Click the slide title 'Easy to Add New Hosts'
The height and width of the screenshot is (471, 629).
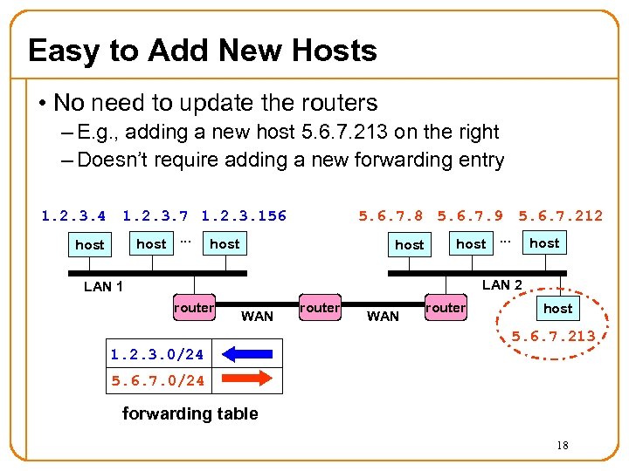203,51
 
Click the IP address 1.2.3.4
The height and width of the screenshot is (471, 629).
73,215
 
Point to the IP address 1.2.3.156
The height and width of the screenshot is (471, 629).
244,215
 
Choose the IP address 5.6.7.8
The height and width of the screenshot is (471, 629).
391,215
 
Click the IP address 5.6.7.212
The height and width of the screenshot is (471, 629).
560,215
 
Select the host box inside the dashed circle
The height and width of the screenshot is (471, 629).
557,308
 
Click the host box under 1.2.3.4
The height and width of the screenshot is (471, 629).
90,245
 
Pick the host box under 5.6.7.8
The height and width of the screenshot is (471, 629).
409,245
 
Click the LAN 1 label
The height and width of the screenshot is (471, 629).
103,287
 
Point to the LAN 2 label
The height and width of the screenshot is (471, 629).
502,284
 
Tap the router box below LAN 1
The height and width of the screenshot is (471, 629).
193,308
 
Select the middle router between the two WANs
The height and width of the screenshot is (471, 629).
319,308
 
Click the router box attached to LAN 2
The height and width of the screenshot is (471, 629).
446,308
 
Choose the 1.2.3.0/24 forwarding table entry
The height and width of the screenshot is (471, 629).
157,354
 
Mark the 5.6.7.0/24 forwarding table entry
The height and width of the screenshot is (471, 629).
157,380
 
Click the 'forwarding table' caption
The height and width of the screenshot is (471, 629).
190,413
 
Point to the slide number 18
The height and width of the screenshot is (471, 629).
563,446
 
